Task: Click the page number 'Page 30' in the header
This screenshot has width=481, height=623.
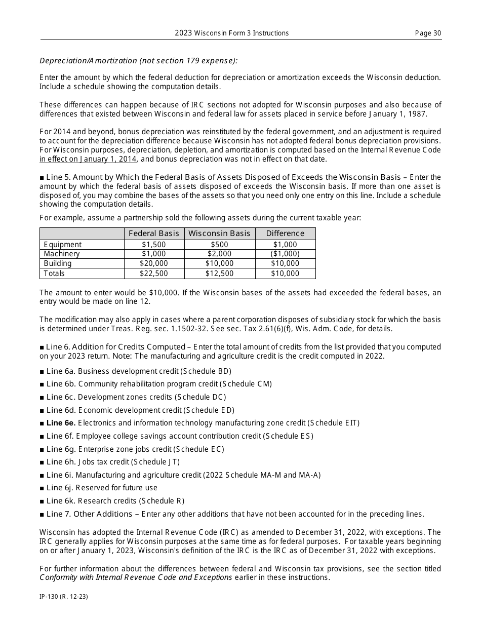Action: [x=428, y=33]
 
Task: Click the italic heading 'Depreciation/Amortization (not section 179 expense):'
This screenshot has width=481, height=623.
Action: [x=138, y=61]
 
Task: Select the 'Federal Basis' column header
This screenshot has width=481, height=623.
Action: [x=154, y=233]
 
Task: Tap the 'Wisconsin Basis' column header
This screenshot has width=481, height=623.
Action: [x=219, y=233]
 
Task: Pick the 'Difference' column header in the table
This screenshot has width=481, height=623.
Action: [x=285, y=233]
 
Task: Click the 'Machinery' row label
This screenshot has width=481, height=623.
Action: [x=62, y=254]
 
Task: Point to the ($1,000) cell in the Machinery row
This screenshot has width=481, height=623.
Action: [x=285, y=254]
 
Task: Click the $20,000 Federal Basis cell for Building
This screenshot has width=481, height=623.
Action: [x=154, y=263]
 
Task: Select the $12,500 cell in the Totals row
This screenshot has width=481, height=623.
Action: [x=219, y=274]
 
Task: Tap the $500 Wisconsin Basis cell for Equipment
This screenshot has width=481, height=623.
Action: [x=219, y=245]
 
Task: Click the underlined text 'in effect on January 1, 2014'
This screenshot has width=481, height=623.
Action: [x=88, y=159]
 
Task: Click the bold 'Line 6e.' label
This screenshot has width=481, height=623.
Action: [x=61, y=423]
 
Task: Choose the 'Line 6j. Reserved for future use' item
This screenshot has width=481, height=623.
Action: [x=101, y=488]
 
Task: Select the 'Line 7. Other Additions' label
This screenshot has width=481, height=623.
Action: [x=89, y=514]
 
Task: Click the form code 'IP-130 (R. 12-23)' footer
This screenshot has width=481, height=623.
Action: [x=64, y=597]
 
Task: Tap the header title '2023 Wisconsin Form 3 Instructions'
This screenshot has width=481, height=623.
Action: [x=232, y=33]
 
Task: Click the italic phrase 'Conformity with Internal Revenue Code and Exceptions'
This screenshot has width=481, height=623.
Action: [x=136, y=577]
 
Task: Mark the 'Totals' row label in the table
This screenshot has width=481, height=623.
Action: [x=55, y=274]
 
